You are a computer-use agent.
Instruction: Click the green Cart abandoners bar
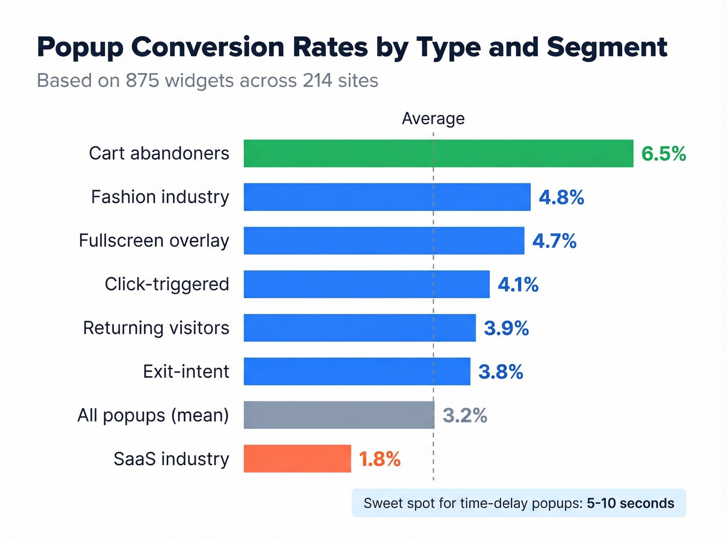click(438, 154)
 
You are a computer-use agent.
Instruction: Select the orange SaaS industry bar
click(297, 458)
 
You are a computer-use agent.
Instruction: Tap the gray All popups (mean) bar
click(339, 415)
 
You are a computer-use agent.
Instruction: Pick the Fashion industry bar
click(387, 197)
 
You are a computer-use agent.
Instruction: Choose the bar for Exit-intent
click(357, 371)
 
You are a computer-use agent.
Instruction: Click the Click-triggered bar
click(366, 284)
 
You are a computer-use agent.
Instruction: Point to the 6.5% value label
click(663, 154)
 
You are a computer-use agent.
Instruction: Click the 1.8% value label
click(380, 459)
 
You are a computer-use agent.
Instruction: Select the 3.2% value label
click(465, 415)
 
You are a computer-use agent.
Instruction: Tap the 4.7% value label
click(554, 241)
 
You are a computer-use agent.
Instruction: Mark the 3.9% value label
click(506, 328)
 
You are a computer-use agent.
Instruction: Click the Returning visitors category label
click(156, 328)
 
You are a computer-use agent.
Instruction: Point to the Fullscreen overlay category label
click(154, 241)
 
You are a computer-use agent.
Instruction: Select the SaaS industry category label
click(171, 459)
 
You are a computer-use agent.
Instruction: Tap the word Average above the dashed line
click(433, 118)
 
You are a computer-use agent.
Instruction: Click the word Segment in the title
click(607, 48)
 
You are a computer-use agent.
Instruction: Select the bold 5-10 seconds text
click(630, 503)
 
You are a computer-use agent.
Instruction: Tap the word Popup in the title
click(80, 48)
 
